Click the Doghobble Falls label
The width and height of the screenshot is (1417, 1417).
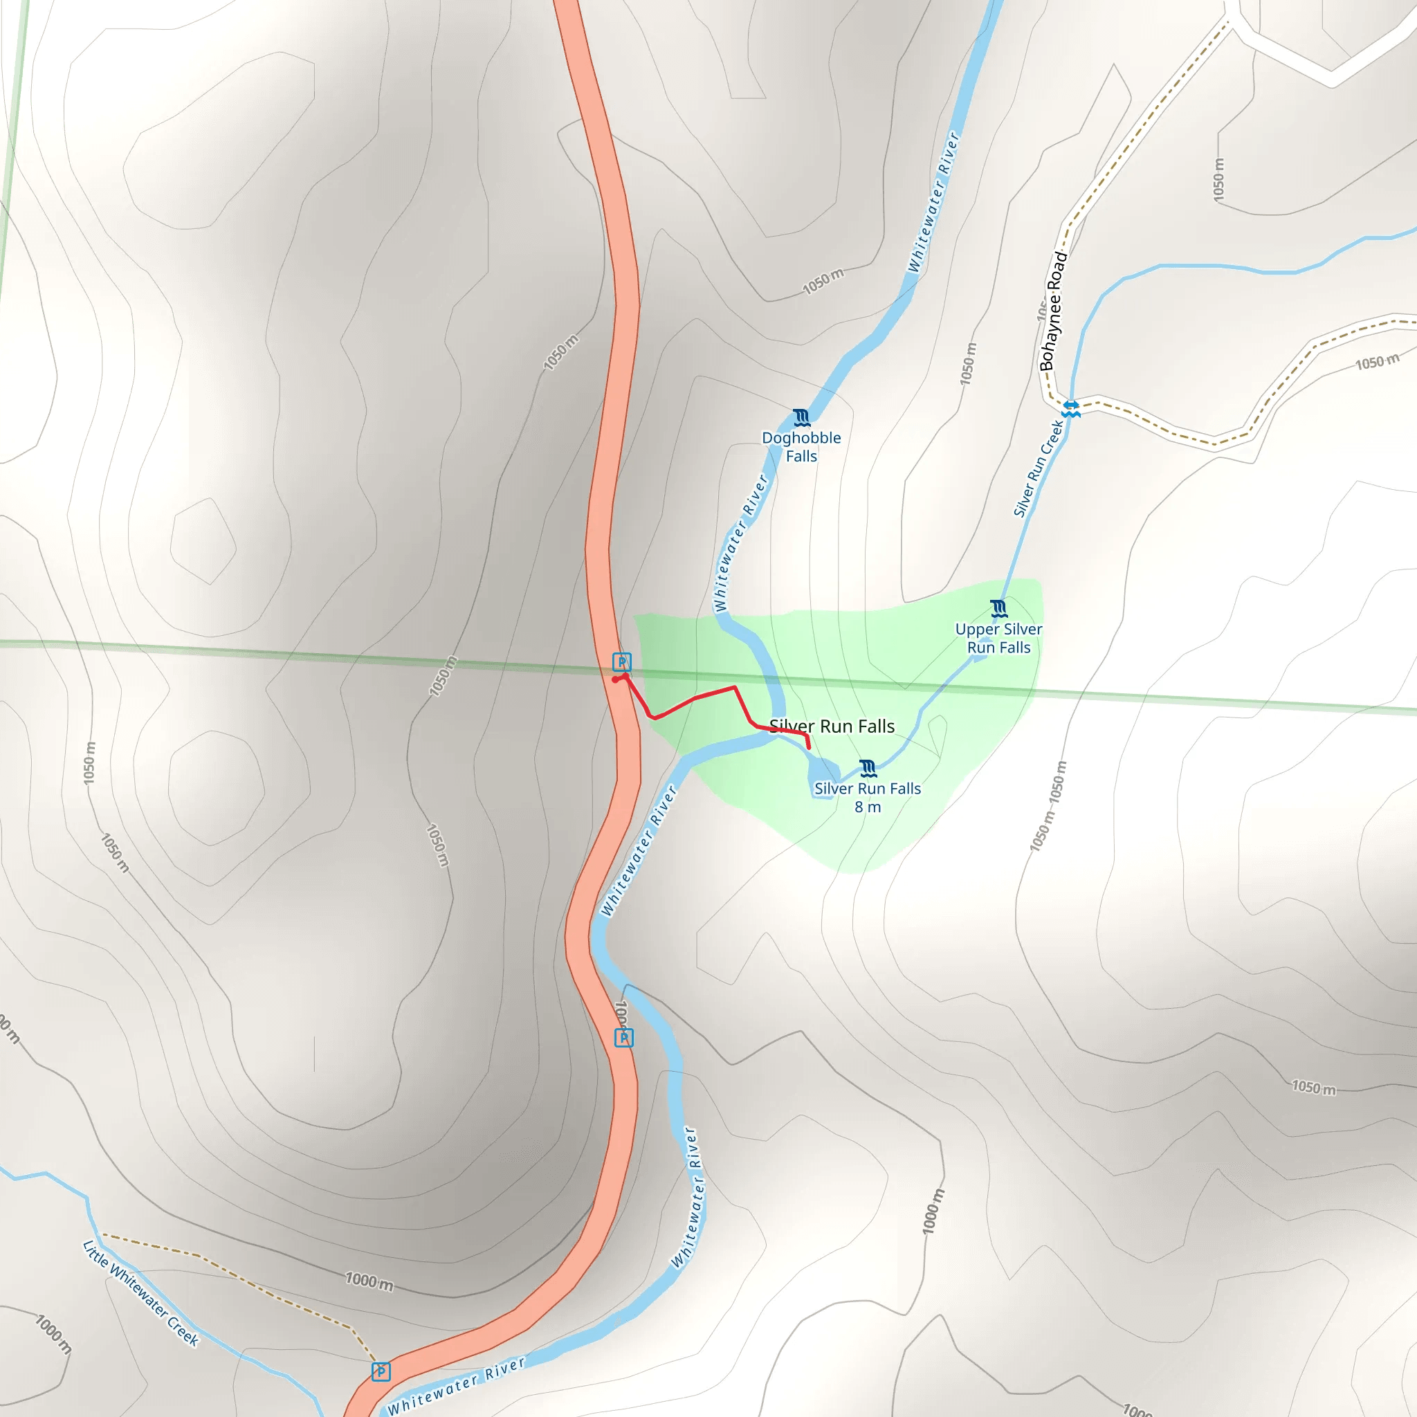pos(801,447)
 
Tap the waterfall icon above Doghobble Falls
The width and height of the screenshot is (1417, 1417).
pos(801,418)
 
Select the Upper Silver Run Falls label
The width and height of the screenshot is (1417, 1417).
pos(998,638)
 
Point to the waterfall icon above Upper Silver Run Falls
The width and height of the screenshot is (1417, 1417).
pos(998,608)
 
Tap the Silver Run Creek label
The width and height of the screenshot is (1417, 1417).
pos(1038,468)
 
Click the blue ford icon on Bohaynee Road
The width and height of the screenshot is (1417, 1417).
pos(1071,408)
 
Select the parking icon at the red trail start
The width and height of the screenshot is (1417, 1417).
pos(621,662)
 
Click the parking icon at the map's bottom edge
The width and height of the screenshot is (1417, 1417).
pos(381,1371)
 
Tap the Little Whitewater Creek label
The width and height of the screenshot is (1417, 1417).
pos(140,1292)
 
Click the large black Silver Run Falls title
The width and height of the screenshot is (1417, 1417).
pos(832,726)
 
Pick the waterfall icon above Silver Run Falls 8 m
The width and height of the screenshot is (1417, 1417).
pos(868,769)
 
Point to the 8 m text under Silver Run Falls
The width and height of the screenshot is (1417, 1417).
pos(868,807)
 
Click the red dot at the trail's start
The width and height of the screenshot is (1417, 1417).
pos(614,680)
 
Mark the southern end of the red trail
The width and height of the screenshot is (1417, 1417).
pos(809,747)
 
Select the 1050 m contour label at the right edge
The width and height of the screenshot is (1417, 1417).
pos(1377,363)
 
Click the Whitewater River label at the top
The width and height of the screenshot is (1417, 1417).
pos(933,202)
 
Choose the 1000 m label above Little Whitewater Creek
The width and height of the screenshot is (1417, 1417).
pos(369,1282)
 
